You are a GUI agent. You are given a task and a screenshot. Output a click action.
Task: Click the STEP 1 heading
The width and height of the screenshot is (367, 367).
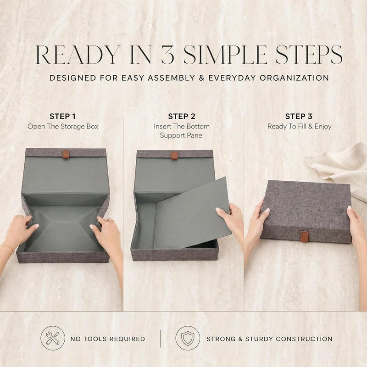pyautogui.click(x=62, y=117)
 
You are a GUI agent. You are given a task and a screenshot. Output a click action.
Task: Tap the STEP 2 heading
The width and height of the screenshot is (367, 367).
pyautogui.click(x=182, y=117)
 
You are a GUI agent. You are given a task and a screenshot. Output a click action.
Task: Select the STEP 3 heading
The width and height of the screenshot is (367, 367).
pyautogui.click(x=299, y=117)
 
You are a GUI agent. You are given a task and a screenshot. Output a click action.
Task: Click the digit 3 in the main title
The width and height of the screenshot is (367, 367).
pyautogui.click(x=167, y=55)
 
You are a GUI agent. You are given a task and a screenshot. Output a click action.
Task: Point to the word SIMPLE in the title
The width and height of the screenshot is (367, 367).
pyautogui.click(x=225, y=55)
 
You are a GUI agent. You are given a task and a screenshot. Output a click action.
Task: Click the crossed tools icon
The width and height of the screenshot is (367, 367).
pyautogui.click(x=53, y=338)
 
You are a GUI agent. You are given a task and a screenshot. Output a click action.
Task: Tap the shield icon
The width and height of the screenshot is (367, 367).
pyautogui.click(x=188, y=338)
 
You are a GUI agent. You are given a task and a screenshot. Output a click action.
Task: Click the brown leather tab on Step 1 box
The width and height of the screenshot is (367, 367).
pyautogui.click(x=66, y=154)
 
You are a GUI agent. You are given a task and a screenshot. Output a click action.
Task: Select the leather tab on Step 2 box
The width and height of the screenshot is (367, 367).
pyautogui.click(x=174, y=156)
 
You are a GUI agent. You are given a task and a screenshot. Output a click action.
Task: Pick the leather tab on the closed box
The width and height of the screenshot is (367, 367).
pyautogui.click(x=304, y=236)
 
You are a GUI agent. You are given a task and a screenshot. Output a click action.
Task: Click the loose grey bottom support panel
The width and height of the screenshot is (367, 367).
pyautogui.click(x=193, y=213)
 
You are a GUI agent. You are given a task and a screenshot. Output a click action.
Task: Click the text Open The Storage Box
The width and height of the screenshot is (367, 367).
pyautogui.click(x=63, y=127)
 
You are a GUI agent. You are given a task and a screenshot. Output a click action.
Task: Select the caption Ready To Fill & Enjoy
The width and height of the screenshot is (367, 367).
pyautogui.click(x=300, y=127)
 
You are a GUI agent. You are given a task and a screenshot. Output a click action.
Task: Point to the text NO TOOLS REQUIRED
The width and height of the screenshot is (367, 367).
pyautogui.click(x=108, y=339)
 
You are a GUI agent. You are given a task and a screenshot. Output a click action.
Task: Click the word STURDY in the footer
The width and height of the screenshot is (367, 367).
pyautogui.click(x=259, y=339)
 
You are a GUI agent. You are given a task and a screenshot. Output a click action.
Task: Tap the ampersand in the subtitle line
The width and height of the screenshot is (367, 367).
pyautogui.click(x=201, y=78)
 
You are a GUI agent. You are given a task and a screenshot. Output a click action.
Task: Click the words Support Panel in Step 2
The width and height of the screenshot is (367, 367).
pyautogui.click(x=182, y=135)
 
